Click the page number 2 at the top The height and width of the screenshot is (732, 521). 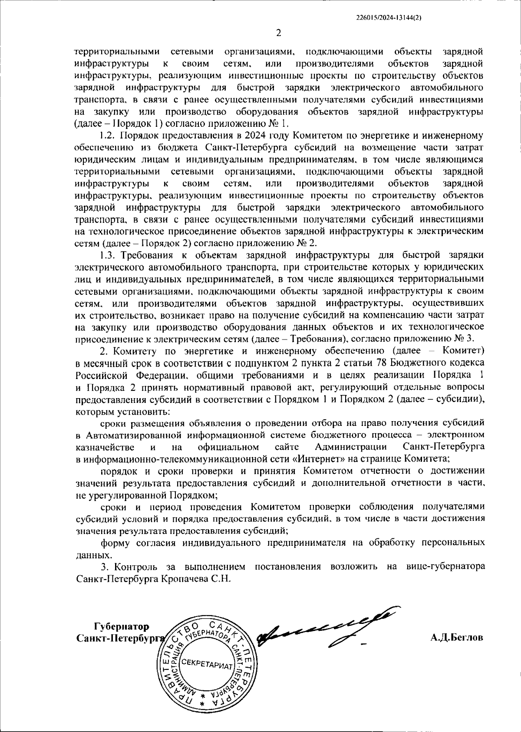pos(279,33)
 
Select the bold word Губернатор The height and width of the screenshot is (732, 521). pos(121,626)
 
